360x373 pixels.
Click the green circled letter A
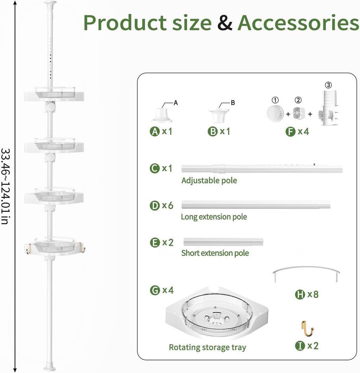(155, 132)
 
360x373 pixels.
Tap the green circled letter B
(213, 132)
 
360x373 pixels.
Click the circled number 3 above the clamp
(328, 85)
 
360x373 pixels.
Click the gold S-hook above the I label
(308, 329)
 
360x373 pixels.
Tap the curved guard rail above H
(306, 268)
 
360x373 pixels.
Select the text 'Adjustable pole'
(209, 181)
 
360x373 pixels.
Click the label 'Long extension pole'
(214, 217)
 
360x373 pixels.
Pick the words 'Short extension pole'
(215, 253)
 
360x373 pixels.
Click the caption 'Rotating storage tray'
(207, 347)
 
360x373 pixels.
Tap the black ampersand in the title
(225, 23)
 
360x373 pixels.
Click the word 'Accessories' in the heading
(298, 23)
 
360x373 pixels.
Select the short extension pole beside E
(223, 242)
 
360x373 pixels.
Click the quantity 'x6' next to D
(168, 205)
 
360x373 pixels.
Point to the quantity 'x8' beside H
(313, 294)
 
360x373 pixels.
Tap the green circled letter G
(155, 290)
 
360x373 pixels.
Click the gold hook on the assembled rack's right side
(82, 248)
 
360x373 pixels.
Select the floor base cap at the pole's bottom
(50, 366)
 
